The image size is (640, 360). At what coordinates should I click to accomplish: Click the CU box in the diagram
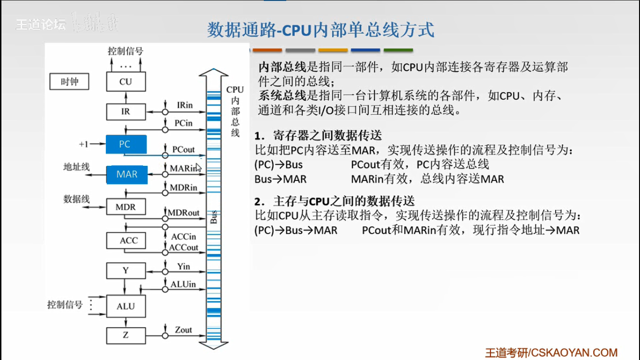[x=126, y=82]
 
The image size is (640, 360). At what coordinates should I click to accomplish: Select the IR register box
[x=126, y=112]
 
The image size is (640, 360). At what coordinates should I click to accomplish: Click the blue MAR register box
[x=127, y=174]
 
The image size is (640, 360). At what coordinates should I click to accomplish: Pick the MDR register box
[x=126, y=207]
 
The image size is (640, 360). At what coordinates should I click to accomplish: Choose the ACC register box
[x=128, y=240]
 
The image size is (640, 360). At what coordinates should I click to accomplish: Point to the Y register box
[x=126, y=270]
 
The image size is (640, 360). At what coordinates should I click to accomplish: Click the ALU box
[x=126, y=306]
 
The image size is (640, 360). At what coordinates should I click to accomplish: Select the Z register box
[x=126, y=336]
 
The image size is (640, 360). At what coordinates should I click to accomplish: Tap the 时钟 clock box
[x=69, y=82]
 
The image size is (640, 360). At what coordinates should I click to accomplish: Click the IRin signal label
[x=185, y=105]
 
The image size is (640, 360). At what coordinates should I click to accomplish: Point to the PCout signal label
[x=183, y=149]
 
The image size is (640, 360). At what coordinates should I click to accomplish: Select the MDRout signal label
[x=184, y=213]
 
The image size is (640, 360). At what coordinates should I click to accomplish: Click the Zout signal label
[x=183, y=330]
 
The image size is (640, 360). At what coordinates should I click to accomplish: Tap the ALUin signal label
[x=183, y=284]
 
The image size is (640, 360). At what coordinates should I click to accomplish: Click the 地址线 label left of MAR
[x=76, y=167]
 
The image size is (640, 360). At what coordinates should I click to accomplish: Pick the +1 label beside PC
[x=83, y=144]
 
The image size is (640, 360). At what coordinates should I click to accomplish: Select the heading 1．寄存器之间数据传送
[x=319, y=136]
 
